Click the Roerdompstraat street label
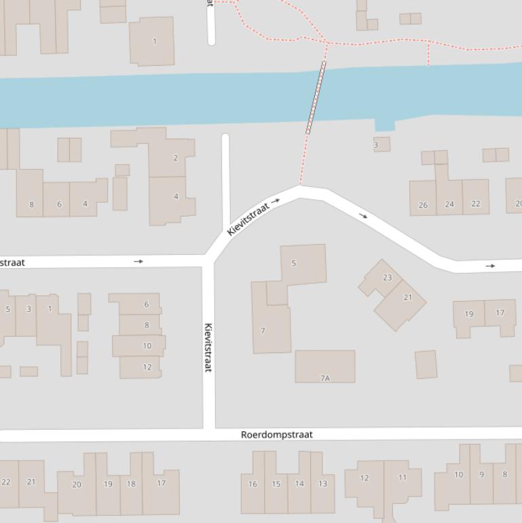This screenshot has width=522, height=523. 277,435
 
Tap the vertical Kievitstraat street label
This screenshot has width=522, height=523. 208,346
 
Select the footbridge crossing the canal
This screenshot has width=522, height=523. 316,97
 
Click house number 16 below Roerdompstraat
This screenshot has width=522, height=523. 253,484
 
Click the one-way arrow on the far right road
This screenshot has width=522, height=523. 490,266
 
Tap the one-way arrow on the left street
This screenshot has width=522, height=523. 138,261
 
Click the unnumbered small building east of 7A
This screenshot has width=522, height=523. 426,364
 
